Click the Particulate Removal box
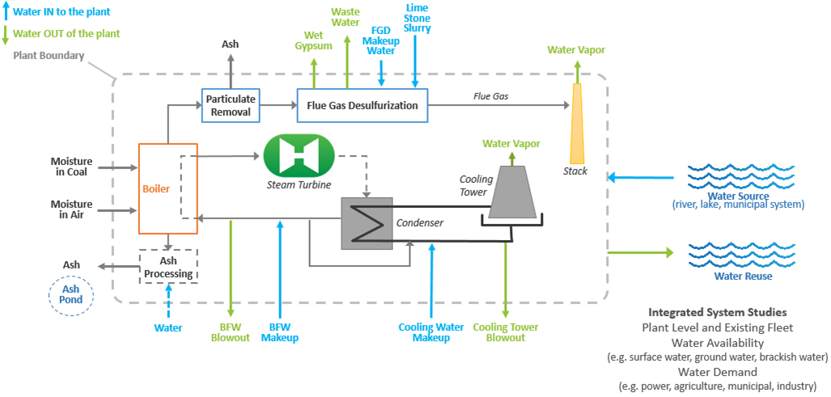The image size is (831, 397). pyautogui.click(x=231, y=105)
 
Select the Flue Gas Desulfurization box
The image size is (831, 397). pyautogui.click(x=363, y=105)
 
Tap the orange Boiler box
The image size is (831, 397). pyautogui.click(x=168, y=188)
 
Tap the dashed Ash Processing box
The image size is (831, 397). pyautogui.click(x=168, y=266)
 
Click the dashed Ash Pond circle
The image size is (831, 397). pyautogui.click(x=72, y=295)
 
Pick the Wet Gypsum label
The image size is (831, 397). pyautogui.click(x=313, y=40)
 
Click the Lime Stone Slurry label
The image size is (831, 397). pyautogui.click(x=417, y=18)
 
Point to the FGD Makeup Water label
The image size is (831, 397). pyautogui.click(x=380, y=40)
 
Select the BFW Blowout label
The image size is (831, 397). pyautogui.click(x=231, y=332)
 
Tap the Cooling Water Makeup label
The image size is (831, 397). pyautogui.click(x=431, y=332)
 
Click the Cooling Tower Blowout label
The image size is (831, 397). pyautogui.click(x=506, y=332)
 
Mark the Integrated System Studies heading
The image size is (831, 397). pyautogui.click(x=717, y=311)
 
